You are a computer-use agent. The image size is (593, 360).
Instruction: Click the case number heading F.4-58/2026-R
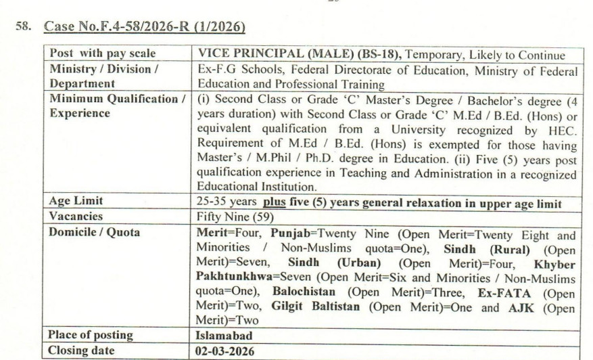tap(144, 28)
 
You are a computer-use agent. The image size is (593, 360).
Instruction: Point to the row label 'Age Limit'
tap(78, 201)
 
